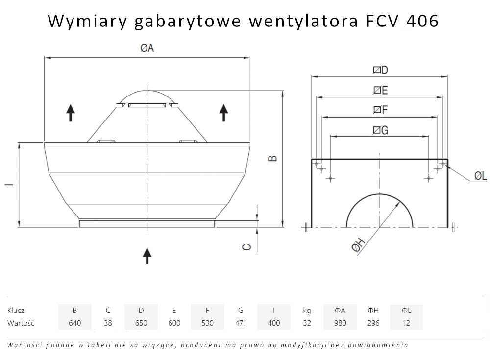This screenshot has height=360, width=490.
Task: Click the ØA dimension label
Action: point(147,48)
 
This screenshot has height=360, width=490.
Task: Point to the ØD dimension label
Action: point(380,70)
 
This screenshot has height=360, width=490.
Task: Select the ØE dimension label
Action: point(380,90)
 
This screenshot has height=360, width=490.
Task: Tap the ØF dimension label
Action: point(380,110)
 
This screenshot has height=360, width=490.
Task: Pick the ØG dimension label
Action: point(380,130)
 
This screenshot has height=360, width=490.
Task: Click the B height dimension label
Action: point(273,158)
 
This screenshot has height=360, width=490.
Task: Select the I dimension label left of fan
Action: point(7,185)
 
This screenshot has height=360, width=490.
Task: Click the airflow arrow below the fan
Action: point(147,255)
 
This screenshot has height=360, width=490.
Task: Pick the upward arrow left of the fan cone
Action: point(71,113)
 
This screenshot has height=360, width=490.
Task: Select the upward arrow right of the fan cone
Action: point(224,113)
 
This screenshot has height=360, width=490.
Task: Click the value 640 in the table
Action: point(75,323)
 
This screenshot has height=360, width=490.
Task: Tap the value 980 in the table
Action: point(340,323)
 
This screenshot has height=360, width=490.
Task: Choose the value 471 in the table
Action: point(241,323)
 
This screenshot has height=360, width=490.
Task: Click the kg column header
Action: point(307,310)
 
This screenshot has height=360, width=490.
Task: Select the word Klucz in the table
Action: point(16,310)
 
